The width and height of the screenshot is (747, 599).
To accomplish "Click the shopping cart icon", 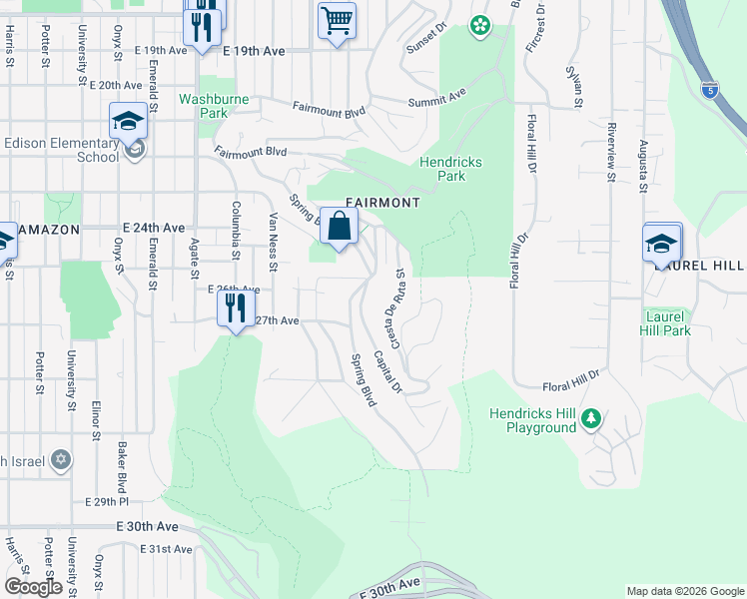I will point(337,20).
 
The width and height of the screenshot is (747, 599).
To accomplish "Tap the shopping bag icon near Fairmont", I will point(339,226).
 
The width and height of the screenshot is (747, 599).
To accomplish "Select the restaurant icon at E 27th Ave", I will point(236,307).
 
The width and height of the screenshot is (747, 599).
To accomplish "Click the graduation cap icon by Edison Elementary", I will point(128,122).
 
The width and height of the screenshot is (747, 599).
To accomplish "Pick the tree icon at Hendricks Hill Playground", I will point(591,417).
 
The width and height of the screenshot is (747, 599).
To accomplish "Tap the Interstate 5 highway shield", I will point(708,89).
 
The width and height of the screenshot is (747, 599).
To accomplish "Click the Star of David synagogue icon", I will point(60,460).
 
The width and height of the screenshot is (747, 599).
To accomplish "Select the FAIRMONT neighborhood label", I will point(382,202).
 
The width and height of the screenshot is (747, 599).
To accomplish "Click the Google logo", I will point(33,587).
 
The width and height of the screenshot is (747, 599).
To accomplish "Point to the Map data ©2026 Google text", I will point(684,591).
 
